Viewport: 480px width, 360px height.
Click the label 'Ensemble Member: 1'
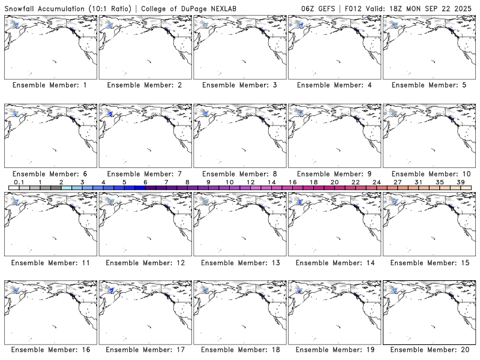click(50, 85)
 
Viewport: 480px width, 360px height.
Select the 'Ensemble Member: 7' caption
click(145, 174)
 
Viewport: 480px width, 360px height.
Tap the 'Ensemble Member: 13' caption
click(239, 263)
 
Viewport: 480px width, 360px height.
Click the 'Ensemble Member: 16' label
click(50, 350)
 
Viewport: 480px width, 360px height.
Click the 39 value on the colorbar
click(461, 182)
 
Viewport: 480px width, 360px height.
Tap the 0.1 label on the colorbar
click(19, 182)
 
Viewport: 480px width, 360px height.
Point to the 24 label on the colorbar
click(376, 182)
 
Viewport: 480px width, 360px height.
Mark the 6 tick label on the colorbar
click(145, 182)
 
